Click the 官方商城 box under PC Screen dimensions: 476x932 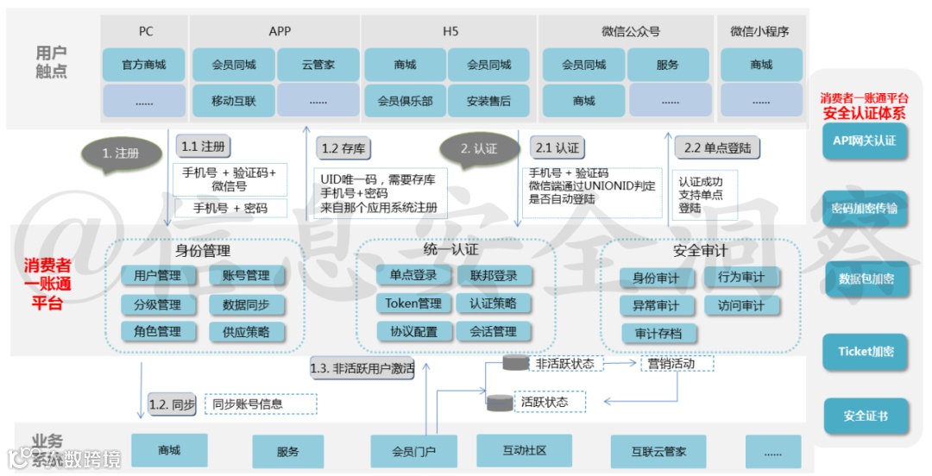(x=143, y=65)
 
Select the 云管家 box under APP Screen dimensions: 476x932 (x=318, y=65)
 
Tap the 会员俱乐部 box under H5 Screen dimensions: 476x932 (x=405, y=101)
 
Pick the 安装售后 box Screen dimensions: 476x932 (x=488, y=101)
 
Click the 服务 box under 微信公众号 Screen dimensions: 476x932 (x=667, y=65)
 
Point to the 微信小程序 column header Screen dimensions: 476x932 (x=759, y=32)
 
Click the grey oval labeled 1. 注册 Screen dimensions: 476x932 (x=121, y=153)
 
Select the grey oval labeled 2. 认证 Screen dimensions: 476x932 (x=479, y=148)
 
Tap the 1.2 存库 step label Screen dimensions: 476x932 (x=343, y=148)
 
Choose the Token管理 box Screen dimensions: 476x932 (x=412, y=304)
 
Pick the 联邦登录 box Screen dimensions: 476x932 (x=494, y=276)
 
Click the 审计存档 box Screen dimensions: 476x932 (x=658, y=334)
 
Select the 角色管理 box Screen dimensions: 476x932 (x=157, y=331)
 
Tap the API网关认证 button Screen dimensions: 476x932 (x=865, y=141)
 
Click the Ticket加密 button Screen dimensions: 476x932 (x=865, y=351)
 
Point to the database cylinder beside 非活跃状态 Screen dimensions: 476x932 (x=515, y=364)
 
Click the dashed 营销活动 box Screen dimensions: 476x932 (x=677, y=364)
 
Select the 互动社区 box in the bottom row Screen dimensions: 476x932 (x=524, y=451)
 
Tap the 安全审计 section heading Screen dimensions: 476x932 (x=700, y=251)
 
